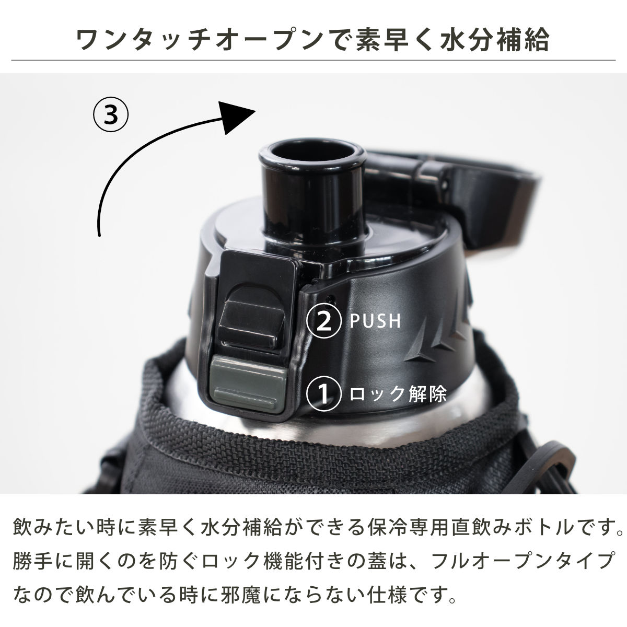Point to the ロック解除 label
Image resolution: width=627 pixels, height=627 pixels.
(x=397, y=393)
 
